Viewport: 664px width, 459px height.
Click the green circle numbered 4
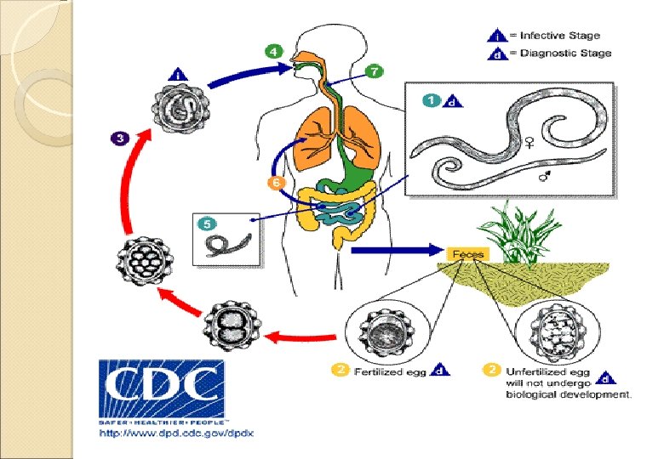click(272, 51)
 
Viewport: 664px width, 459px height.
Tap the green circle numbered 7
click(375, 71)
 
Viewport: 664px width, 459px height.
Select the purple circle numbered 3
click(119, 136)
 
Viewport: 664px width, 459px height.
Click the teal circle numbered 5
click(204, 224)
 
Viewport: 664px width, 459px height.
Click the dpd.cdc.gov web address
click(176, 433)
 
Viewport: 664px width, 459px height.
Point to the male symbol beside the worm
click(543, 178)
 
